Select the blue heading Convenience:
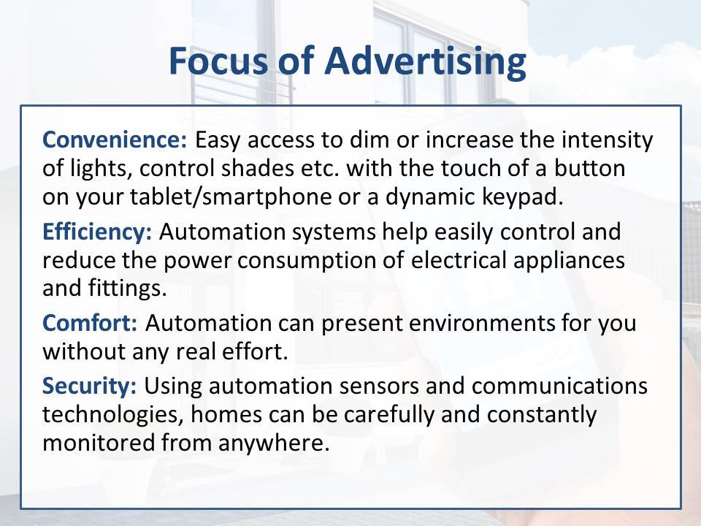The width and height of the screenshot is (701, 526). pyautogui.click(x=115, y=140)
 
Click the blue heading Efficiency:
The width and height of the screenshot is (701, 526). pyautogui.click(x=97, y=232)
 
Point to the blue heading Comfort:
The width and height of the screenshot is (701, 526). pyautogui.click(x=90, y=322)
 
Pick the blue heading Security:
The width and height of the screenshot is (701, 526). pyautogui.click(x=89, y=386)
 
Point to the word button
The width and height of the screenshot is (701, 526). pyautogui.click(x=590, y=168)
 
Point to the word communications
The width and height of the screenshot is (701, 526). pyautogui.click(x=559, y=386)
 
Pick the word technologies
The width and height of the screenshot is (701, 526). pyautogui.click(x=113, y=415)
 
